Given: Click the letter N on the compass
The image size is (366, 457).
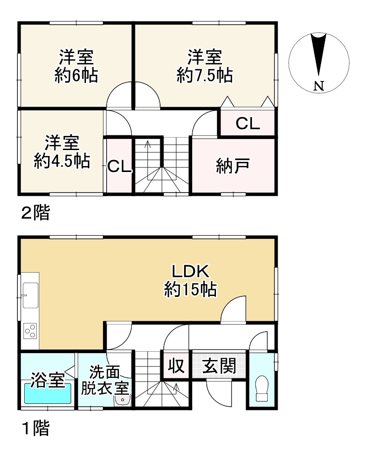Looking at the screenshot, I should pos(319,85).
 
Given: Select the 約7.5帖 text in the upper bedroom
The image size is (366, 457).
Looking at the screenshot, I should pos(205,75).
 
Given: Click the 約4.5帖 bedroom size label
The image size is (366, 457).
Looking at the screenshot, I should pos(62,161).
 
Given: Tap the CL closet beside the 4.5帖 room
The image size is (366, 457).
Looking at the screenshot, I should pos(119,167).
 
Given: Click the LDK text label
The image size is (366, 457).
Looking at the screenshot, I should pos(190,271).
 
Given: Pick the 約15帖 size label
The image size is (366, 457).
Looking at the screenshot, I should pos(190,290).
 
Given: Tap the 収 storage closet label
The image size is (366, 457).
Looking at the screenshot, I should pos(176,366).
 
